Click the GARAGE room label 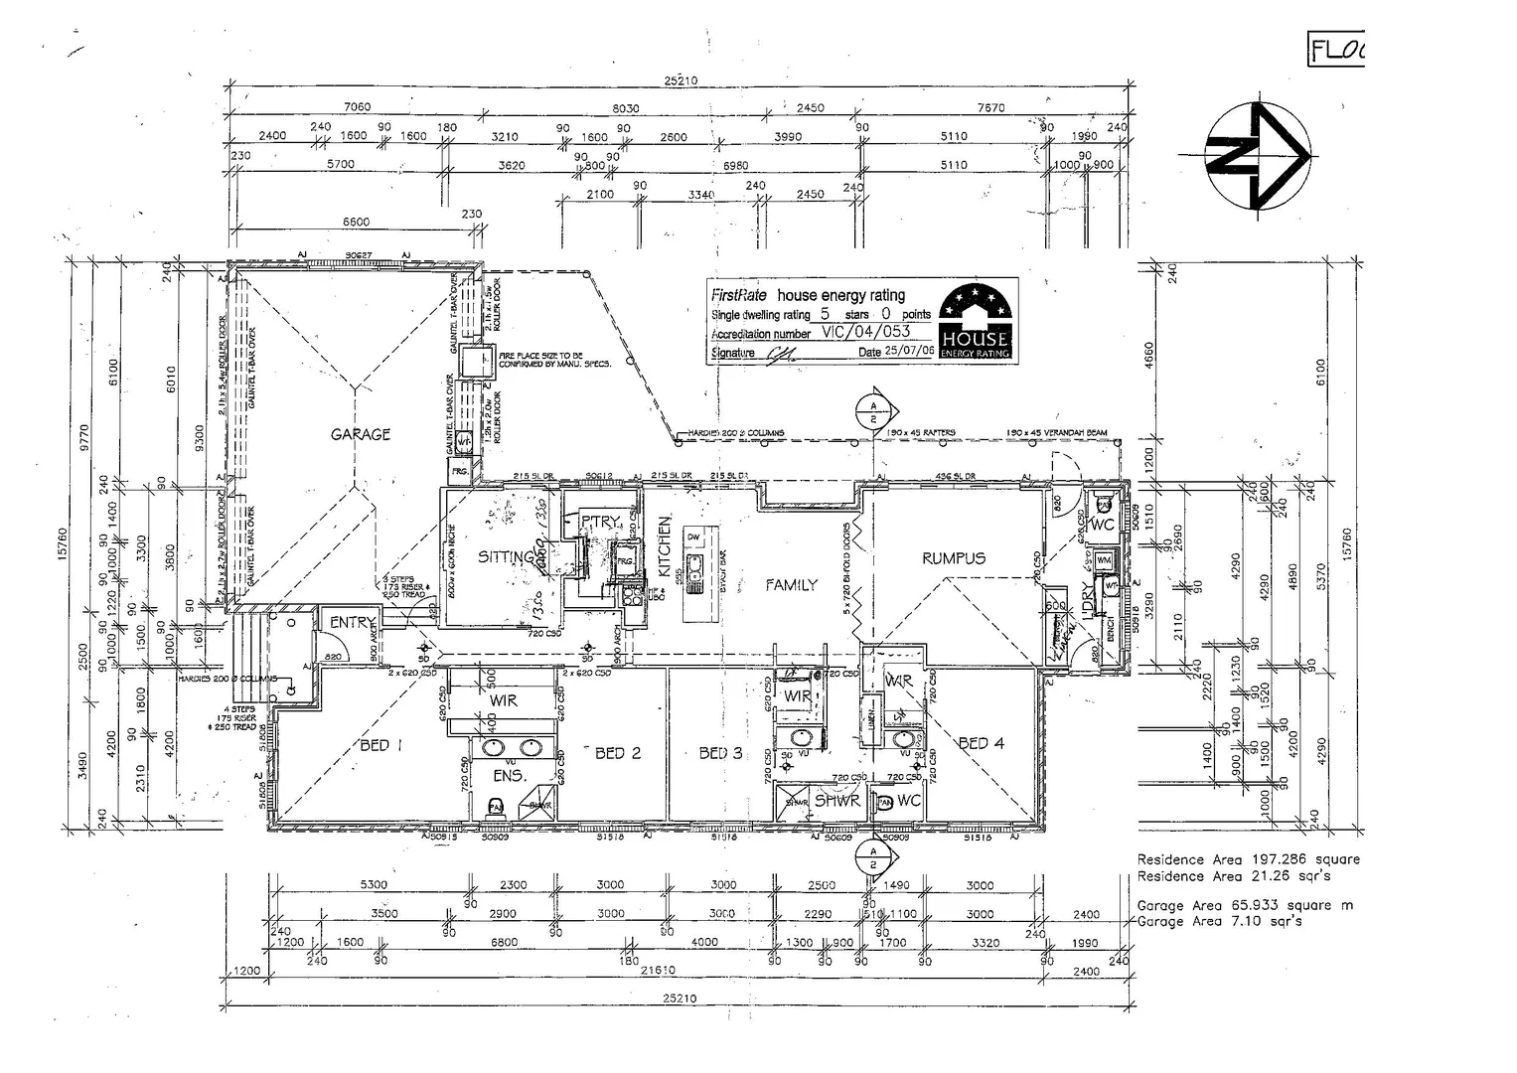[360, 434]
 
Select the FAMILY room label [791, 585]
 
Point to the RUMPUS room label [953, 558]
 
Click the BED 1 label [379, 746]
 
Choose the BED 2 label [618, 753]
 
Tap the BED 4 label [981, 743]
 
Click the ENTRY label [352, 622]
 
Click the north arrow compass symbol [1256, 156]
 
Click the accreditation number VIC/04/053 [863, 333]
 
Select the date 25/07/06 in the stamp [908, 352]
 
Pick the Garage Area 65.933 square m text [1244, 905]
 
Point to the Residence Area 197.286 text [1248, 859]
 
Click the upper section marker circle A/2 [872, 412]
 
